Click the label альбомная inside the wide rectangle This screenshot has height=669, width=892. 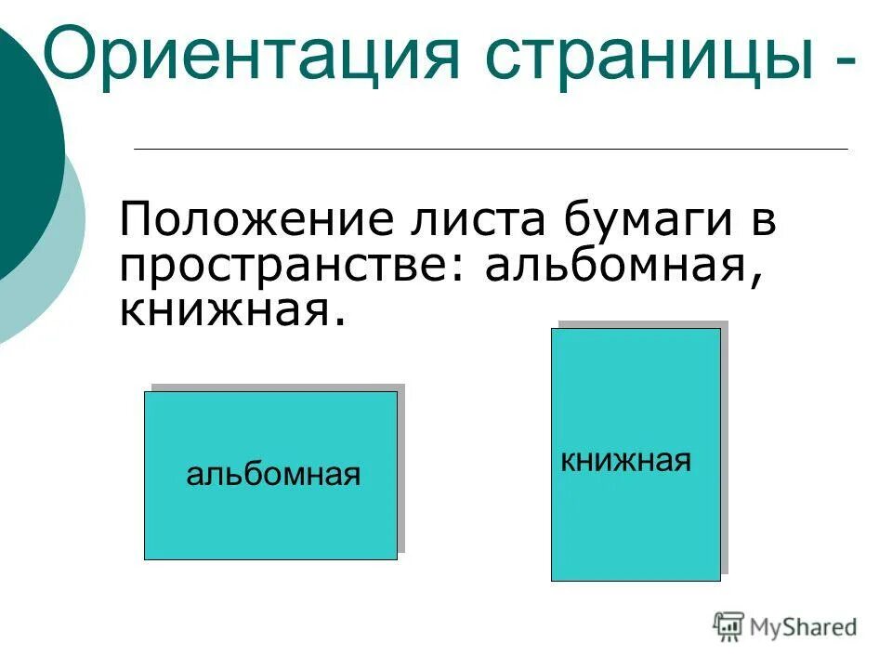[273, 475]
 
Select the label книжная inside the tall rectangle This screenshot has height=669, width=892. [626, 460]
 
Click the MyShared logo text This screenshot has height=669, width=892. [804, 628]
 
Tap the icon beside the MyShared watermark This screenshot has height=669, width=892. [729, 627]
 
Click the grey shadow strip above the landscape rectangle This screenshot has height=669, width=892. [279, 387]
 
